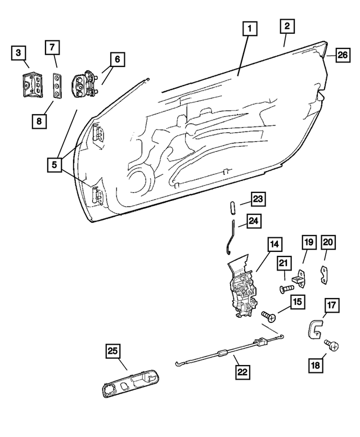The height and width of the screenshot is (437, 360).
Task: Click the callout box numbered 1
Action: point(250,29)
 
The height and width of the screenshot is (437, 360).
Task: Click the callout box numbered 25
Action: point(112,352)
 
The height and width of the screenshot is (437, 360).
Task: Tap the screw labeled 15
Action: point(269,317)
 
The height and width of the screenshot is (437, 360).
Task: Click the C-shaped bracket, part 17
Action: point(316,330)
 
